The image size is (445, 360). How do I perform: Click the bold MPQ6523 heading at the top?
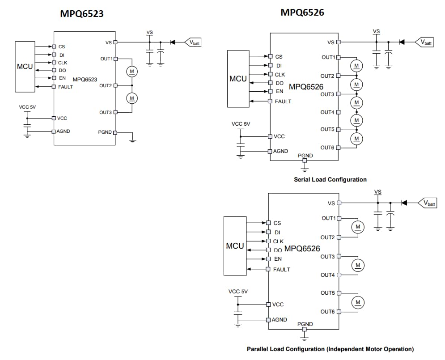pyautogui.click(x=82, y=14)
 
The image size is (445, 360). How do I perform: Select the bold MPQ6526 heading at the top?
pyautogui.click(x=302, y=13)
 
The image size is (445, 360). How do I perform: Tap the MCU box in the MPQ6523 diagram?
pyautogui.click(x=25, y=67)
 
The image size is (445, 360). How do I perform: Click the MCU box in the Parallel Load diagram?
pyautogui.click(x=235, y=246)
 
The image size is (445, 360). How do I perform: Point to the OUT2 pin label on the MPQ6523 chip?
pyautogui.click(x=106, y=85)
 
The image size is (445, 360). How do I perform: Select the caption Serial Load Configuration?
pyautogui.click(x=330, y=179)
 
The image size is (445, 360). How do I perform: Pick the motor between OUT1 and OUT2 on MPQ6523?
pyautogui.click(x=131, y=72)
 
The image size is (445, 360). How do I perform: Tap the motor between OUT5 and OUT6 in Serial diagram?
pyautogui.click(x=356, y=139)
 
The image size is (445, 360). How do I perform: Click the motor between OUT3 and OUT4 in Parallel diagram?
pyautogui.click(x=358, y=266)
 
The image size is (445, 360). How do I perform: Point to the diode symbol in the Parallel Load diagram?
pyautogui.click(x=404, y=203)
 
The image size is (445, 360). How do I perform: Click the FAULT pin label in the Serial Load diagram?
pyautogui.click(x=283, y=102)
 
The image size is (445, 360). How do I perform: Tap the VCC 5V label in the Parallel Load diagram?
pyautogui.click(x=238, y=291)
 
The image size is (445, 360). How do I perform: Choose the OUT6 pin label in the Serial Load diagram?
pyautogui.click(x=327, y=148)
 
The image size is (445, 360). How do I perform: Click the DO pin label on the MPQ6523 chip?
pyautogui.click(x=62, y=70)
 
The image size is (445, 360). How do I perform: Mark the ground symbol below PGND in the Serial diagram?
pyautogui.click(x=305, y=169)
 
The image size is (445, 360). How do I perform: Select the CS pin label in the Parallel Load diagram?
pyautogui.click(x=277, y=223)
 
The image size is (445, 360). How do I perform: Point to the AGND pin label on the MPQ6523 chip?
pyautogui.click(x=63, y=131)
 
